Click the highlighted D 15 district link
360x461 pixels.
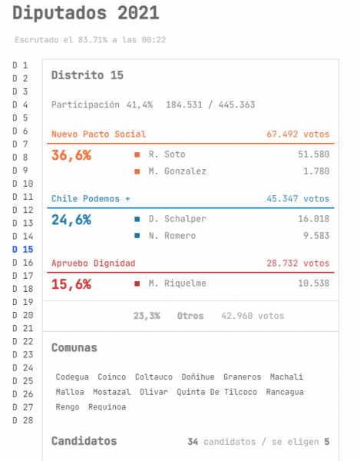click(22, 249)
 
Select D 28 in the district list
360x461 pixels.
click(22, 420)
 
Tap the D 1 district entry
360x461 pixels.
click(20, 65)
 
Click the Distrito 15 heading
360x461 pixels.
click(88, 75)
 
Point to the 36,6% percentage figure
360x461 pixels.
click(71, 155)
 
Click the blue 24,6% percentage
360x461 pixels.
click(71, 220)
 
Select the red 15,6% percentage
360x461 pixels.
click(71, 284)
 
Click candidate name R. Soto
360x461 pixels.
click(167, 154)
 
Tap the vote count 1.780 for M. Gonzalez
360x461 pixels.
click(316, 171)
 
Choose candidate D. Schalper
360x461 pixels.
click(177, 219)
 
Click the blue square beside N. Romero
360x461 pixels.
click(137, 236)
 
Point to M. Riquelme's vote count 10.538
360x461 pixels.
click(314, 284)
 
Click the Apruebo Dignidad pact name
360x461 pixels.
click(94, 263)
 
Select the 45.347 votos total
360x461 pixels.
click(298, 199)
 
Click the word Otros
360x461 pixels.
click(190, 316)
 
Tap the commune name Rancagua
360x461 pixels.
click(285, 392)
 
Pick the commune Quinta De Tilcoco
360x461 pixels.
click(216, 392)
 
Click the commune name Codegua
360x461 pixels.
click(72, 377)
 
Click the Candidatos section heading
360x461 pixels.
click(84, 441)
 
